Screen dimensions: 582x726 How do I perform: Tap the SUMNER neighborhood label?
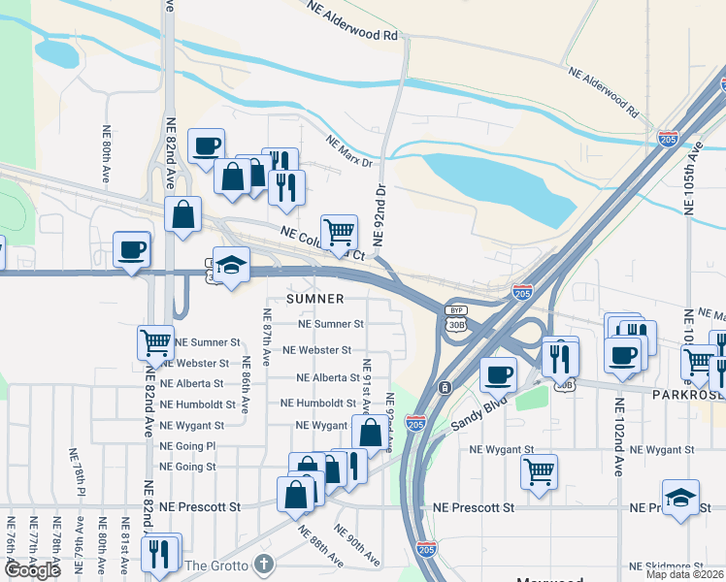pos(315,299)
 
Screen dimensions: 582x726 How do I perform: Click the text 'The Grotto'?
pos(216,566)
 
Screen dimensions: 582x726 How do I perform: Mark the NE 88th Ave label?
pos(320,546)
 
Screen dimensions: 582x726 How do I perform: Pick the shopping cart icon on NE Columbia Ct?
pos(339,233)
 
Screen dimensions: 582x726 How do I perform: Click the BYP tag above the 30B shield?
pos(456,310)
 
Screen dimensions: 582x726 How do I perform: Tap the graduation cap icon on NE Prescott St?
pos(680,499)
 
